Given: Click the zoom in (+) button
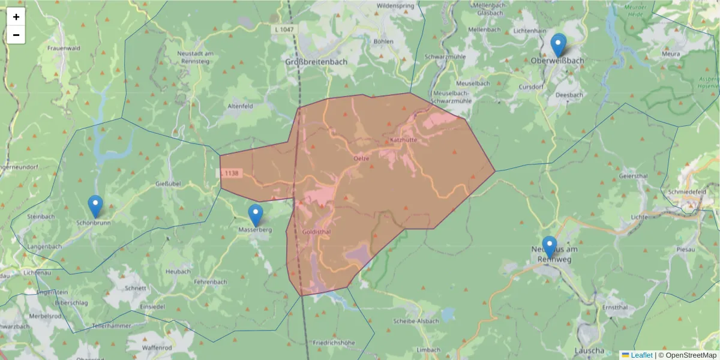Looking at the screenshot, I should pyautogui.click(x=16, y=17).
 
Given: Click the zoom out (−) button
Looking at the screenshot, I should pyautogui.click(x=16, y=35).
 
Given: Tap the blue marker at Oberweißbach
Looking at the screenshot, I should pyautogui.click(x=558, y=45).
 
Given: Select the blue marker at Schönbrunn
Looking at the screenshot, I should pyautogui.click(x=95, y=206).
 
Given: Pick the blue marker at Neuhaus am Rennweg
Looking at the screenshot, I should pyautogui.click(x=549, y=247).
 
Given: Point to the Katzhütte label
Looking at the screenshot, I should pyautogui.click(x=403, y=139).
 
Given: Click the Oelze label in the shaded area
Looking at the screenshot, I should pyautogui.click(x=361, y=158).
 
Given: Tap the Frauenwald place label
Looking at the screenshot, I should pyautogui.click(x=64, y=48).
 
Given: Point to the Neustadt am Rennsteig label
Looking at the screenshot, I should pyautogui.click(x=195, y=57).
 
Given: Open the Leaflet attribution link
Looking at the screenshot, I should pyautogui.click(x=641, y=355).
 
